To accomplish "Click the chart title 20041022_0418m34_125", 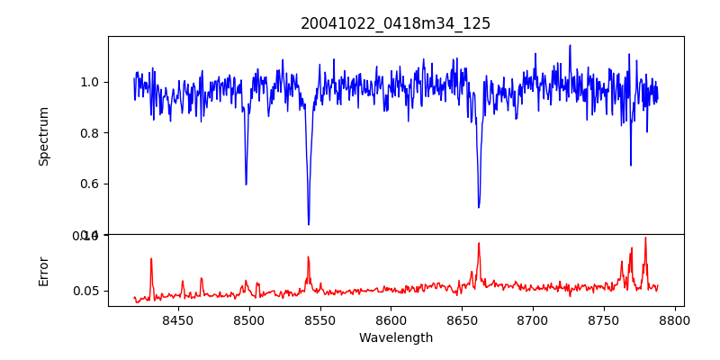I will [x=395, y=23].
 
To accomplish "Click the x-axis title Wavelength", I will [x=395, y=338].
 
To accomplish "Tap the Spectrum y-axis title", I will [x=44, y=136].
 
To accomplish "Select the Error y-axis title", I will [x=44, y=271].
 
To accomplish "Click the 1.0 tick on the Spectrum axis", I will [x=90, y=82].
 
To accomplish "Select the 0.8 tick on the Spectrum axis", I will [x=90, y=133].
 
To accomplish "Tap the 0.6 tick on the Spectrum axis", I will [x=90, y=184].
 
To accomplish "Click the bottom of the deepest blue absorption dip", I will [x=309, y=224].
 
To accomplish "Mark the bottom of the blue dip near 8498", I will [x=246, y=184].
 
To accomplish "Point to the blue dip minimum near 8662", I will [x=479, y=207].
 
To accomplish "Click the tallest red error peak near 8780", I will [x=645, y=238].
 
